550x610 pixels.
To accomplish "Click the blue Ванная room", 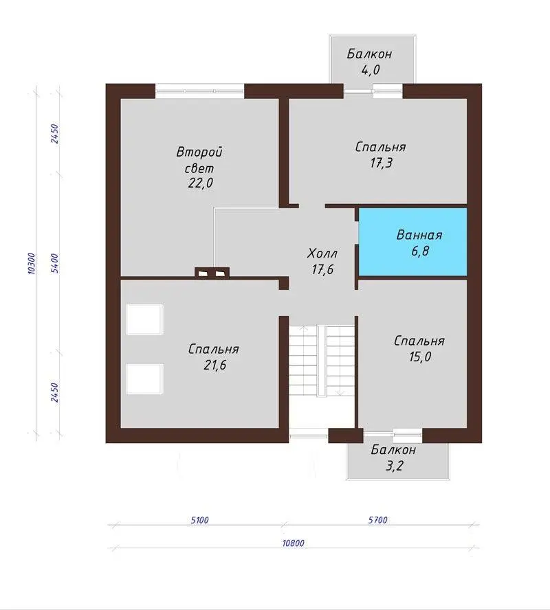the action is (x=412, y=242).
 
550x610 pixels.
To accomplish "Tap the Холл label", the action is (x=322, y=253).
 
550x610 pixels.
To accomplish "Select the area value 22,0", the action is (x=201, y=183).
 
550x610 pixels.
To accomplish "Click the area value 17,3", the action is (x=381, y=163).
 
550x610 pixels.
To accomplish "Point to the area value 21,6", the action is (x=215, y=365).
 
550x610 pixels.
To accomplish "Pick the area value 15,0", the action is (x=420, y=357).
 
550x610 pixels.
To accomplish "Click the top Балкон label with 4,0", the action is (x=369, y=54).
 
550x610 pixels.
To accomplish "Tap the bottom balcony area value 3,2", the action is (x=394, y=466).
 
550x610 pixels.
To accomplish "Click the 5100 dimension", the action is (x=200, y=520).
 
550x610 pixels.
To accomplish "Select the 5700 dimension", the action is (x=378, y=520).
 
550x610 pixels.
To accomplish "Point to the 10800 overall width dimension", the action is (x=293, y=543).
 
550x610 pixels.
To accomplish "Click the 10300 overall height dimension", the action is (x=32, y=263).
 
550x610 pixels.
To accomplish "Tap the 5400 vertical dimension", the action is (x=55, y=263).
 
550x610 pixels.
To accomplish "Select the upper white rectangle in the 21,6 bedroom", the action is (x=144, y=319).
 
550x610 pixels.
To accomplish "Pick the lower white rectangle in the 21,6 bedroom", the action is (x=144, y=379).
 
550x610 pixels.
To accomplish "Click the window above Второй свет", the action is (x=199, y=91).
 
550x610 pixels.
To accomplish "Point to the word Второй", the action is (x=199, y=152).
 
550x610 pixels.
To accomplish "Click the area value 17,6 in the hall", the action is (x=322, y=269).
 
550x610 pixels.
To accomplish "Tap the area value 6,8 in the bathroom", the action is (x=420, y=251).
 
